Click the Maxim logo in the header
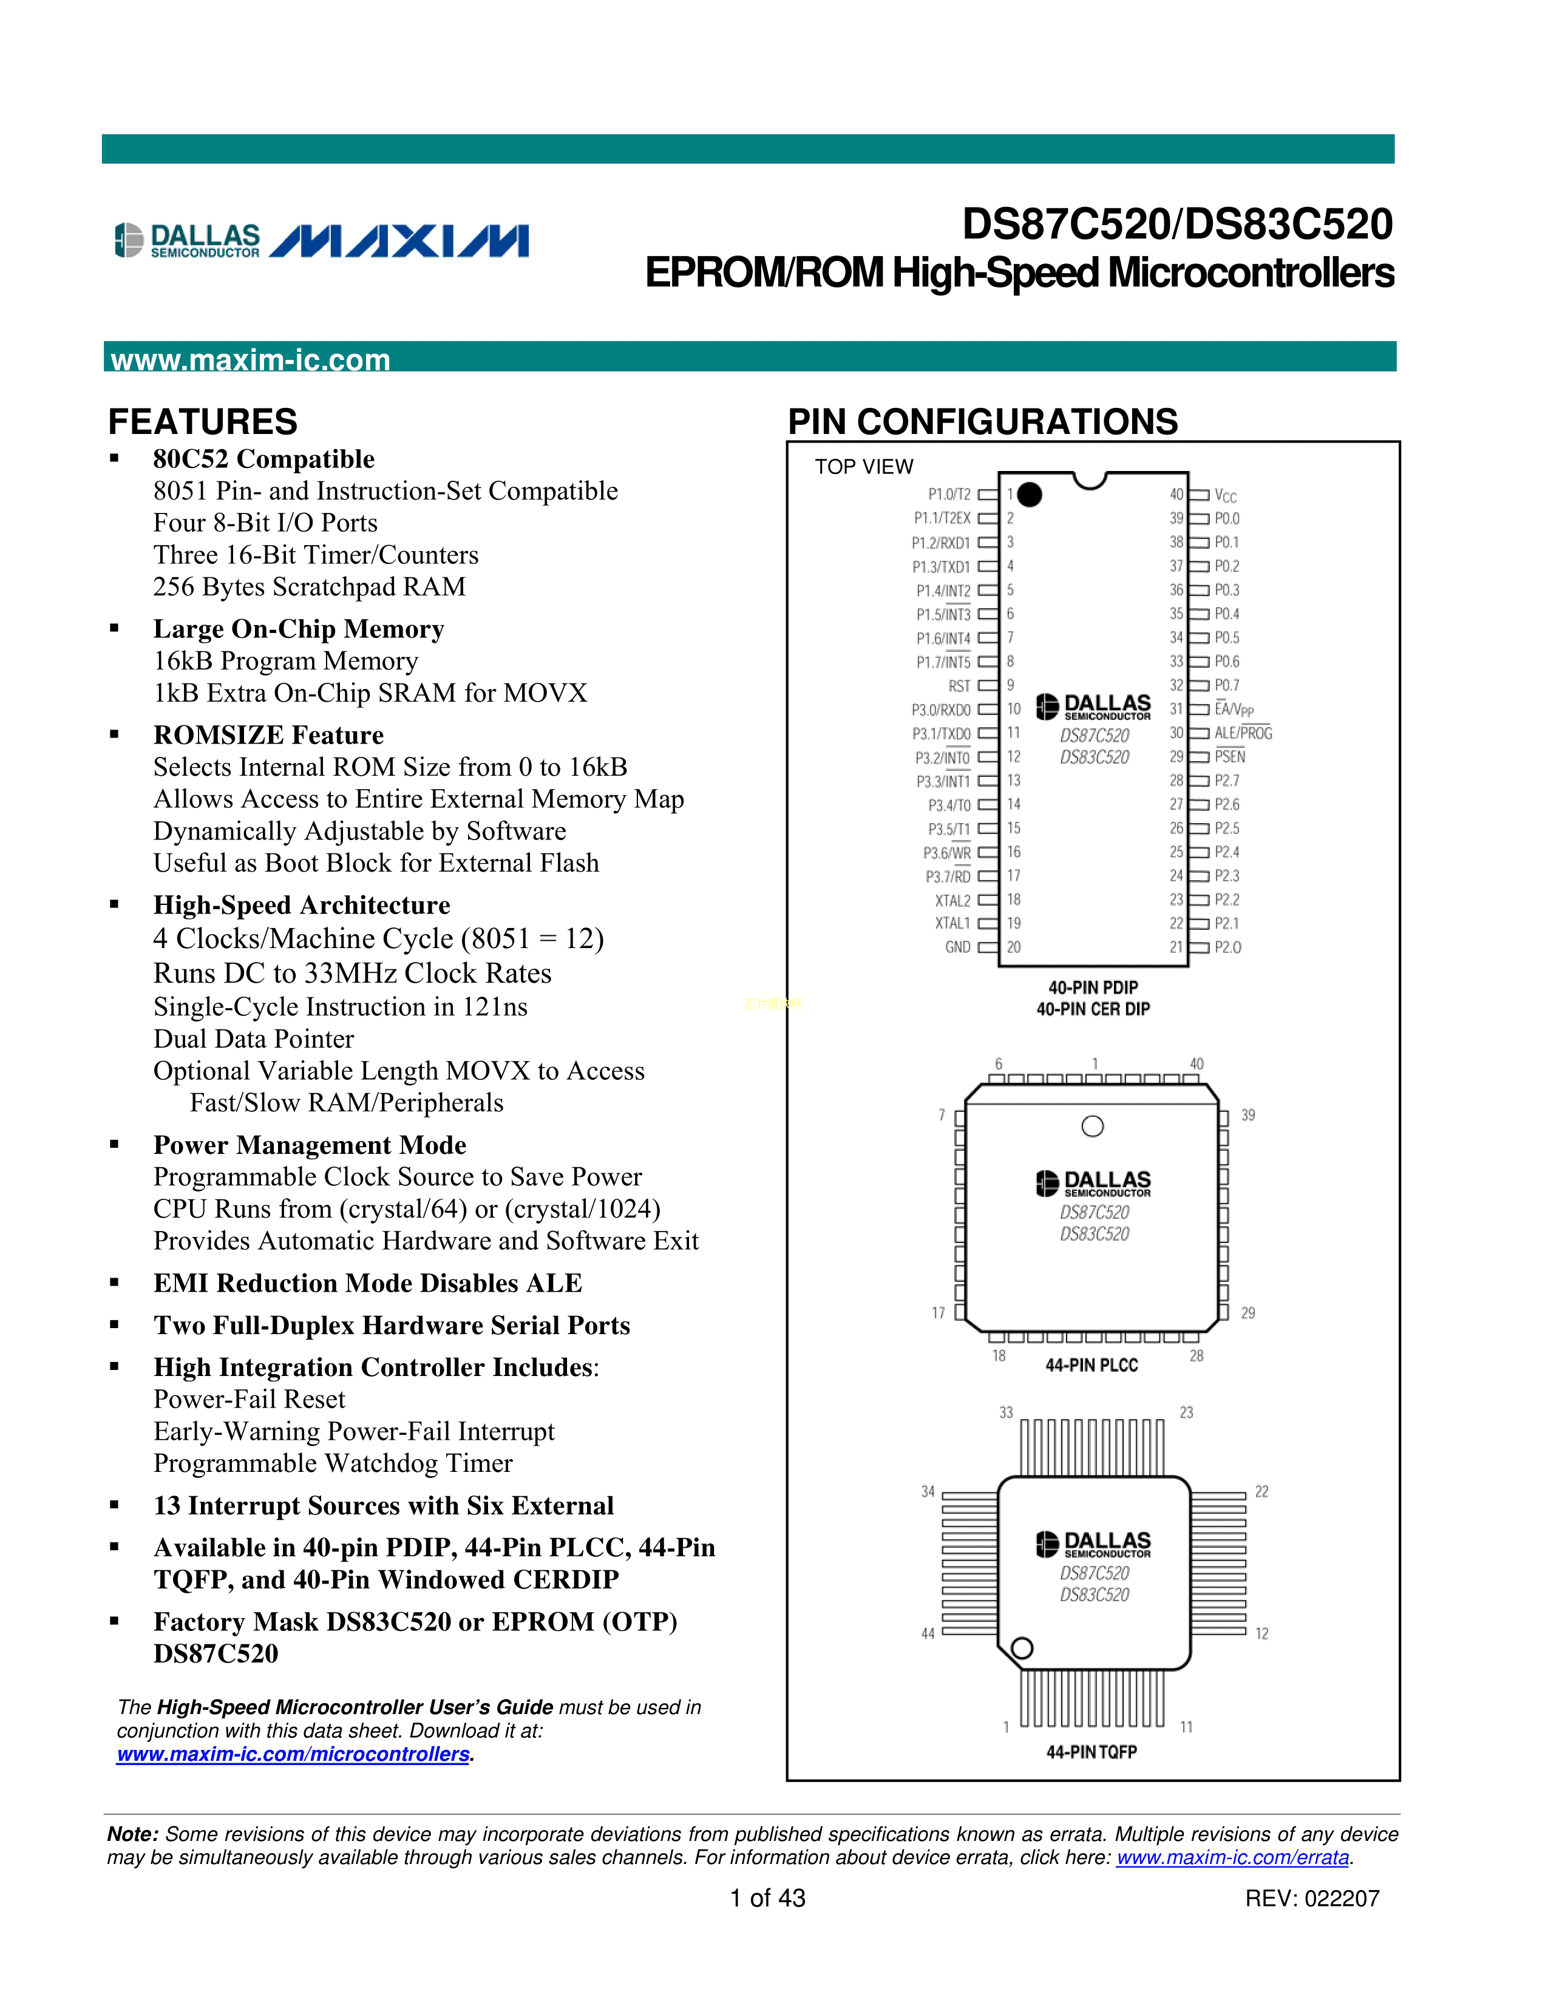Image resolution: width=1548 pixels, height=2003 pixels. (x=399, y=241)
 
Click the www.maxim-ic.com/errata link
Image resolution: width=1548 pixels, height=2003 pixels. (x=1232, y=1857)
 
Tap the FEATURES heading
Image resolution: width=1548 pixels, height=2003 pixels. (x=203, y=422)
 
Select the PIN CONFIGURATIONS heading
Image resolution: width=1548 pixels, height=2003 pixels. (x=982, y=422)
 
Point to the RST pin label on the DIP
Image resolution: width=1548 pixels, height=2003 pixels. (x=959, y=686)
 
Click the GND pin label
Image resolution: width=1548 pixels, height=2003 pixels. (x=957, y=947)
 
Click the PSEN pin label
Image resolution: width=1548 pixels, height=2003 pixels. (x=1230, y=757)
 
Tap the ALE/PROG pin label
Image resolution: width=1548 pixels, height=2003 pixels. (x=1243, y=733)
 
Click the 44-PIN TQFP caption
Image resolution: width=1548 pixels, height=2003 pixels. (x=1091, y=1752)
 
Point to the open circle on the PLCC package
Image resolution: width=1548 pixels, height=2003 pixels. (x=1092, y=1126)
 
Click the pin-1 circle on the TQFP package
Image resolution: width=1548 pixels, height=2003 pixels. (x=1022, y=1648)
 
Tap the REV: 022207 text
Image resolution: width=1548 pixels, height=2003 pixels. (x=1311, y=1899)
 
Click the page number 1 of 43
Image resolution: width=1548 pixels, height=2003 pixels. (x=767, y=1899)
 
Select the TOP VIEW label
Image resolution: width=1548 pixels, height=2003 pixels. (x=864, y=467)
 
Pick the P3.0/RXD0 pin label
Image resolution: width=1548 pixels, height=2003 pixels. (x=941, y=710)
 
